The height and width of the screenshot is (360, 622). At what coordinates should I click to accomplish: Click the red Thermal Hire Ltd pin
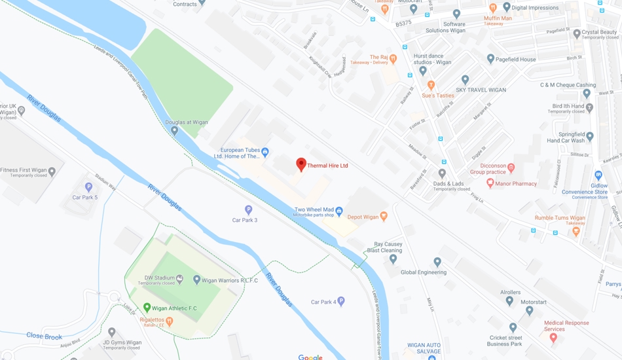(301, 164)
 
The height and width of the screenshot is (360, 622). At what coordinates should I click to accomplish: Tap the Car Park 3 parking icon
(248, 210)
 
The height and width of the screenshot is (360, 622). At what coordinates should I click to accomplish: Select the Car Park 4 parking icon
(340, 302)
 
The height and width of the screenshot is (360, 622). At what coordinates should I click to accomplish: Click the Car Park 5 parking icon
(89, 188)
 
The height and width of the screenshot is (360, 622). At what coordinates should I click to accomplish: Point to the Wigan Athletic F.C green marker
(147, 308)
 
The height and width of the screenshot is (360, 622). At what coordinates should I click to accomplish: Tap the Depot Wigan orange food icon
(384, 216)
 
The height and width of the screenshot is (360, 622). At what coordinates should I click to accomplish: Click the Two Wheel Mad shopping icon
(338, 211)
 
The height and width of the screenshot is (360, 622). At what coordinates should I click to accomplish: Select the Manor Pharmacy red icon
(490, 184)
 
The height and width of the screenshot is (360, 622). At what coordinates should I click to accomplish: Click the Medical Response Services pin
(553, 338)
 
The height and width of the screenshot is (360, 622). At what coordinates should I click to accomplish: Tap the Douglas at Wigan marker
(174, 131)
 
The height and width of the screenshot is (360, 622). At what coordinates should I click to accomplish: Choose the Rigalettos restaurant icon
(170, 321)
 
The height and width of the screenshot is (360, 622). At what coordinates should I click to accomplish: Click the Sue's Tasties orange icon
(431, 85)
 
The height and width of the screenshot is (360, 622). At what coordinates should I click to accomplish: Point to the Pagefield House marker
(490, 59)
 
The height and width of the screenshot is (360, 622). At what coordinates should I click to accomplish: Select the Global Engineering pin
(437, 262)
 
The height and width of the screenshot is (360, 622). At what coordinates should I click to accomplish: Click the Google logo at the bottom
(310, 357)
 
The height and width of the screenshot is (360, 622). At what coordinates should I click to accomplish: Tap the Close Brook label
(44, 336)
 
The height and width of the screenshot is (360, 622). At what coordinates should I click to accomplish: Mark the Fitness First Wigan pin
(52, 171)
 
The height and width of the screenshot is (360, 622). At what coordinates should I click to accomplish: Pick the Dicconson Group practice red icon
(511, 168)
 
